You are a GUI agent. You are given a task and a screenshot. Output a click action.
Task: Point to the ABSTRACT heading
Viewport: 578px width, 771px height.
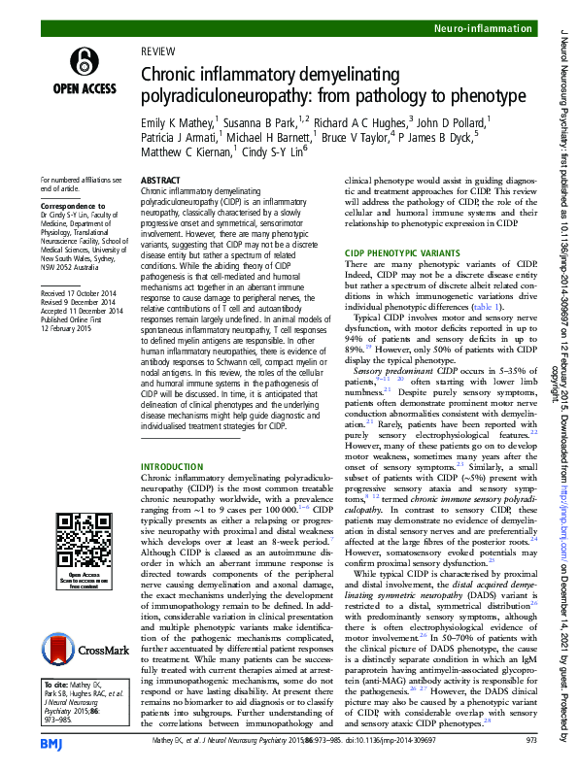161,181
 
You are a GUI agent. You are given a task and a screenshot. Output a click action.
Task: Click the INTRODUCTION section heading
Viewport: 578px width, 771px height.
173,468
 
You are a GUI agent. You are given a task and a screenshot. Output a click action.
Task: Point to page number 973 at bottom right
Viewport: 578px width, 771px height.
530,742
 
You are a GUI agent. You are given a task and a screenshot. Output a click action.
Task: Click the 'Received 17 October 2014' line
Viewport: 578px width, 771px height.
82,291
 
